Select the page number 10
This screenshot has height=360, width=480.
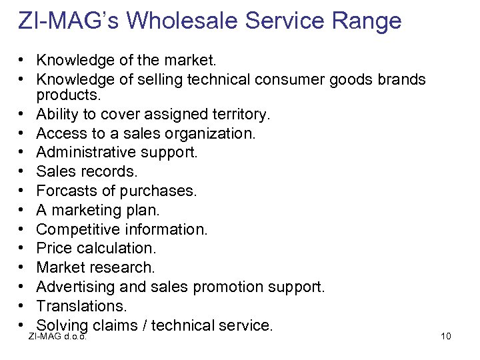coord(446,335)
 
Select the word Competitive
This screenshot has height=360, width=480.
coord(77,229)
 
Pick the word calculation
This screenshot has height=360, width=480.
coord(116,248)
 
